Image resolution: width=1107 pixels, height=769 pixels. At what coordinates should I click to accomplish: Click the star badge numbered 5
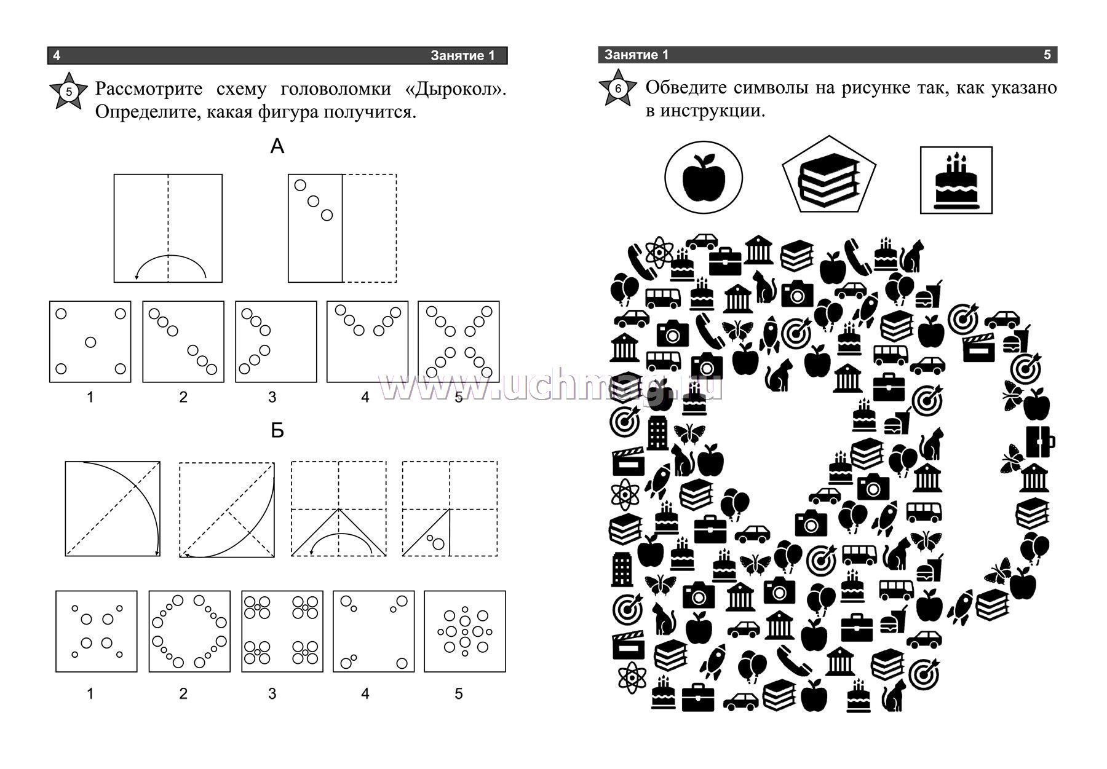coord(68,92)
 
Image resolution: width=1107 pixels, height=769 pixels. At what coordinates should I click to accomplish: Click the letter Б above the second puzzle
coord(277,431)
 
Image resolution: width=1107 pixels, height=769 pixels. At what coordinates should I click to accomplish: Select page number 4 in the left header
coord(57,56)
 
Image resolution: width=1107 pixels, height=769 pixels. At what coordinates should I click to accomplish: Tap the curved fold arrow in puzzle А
coord(170,256)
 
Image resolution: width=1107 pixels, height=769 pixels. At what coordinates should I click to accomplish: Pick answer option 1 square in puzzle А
coord(90,342)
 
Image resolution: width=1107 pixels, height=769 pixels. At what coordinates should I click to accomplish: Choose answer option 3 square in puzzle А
coord(276,342)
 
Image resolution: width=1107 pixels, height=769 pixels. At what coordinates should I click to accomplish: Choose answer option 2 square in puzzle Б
coord(189,631)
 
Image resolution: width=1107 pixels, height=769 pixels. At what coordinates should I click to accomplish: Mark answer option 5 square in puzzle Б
coord(465,631)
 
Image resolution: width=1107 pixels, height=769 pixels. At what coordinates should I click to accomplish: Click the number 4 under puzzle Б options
coord(365,694)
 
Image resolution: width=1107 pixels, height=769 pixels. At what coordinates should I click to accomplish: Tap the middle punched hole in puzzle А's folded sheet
coord(314,201)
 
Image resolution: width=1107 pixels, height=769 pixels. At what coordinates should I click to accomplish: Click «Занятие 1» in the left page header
coord(462,56)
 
